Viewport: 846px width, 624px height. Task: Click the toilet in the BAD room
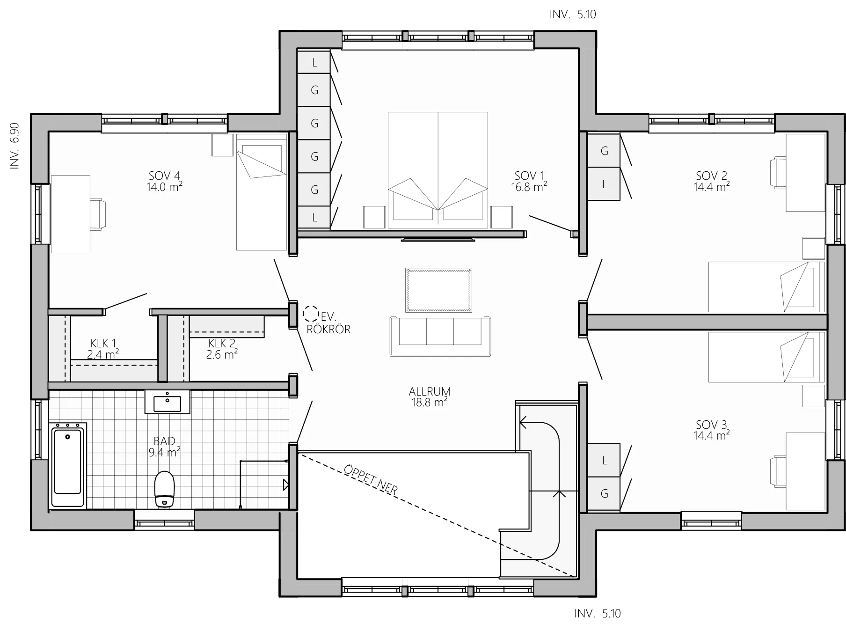point(164,489)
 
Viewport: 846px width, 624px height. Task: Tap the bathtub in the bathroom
point(68,465)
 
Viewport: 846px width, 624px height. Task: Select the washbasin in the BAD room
point(167,403)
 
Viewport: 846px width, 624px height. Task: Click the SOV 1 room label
point(529,176)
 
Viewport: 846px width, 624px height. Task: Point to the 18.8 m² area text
point(429,403)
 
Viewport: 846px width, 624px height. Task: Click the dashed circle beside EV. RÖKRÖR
point(309,312)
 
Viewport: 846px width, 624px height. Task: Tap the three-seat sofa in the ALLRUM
point(440,336)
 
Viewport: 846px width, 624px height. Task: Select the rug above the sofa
point(438,290)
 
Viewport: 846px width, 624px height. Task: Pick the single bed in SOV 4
point(261,192)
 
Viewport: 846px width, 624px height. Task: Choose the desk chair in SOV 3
point(778,471)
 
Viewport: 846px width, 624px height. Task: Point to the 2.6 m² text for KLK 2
point(222,354)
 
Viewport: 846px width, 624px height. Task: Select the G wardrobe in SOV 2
point(604,151)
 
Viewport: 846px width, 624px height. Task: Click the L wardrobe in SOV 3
point(604,460)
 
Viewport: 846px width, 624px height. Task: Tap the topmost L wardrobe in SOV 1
point(314,62)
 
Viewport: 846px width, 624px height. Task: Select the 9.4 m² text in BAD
point(164,452)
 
